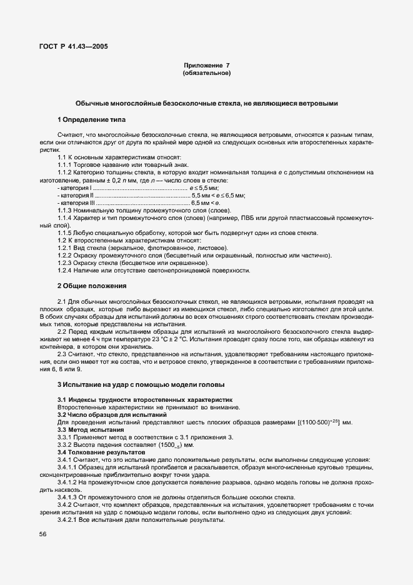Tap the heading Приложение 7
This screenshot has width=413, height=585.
click(206, 66)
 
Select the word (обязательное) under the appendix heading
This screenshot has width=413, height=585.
click(206, 73)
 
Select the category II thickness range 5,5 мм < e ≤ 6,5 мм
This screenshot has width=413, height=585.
click(219, 195)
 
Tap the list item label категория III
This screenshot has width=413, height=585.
click(76, 202)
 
